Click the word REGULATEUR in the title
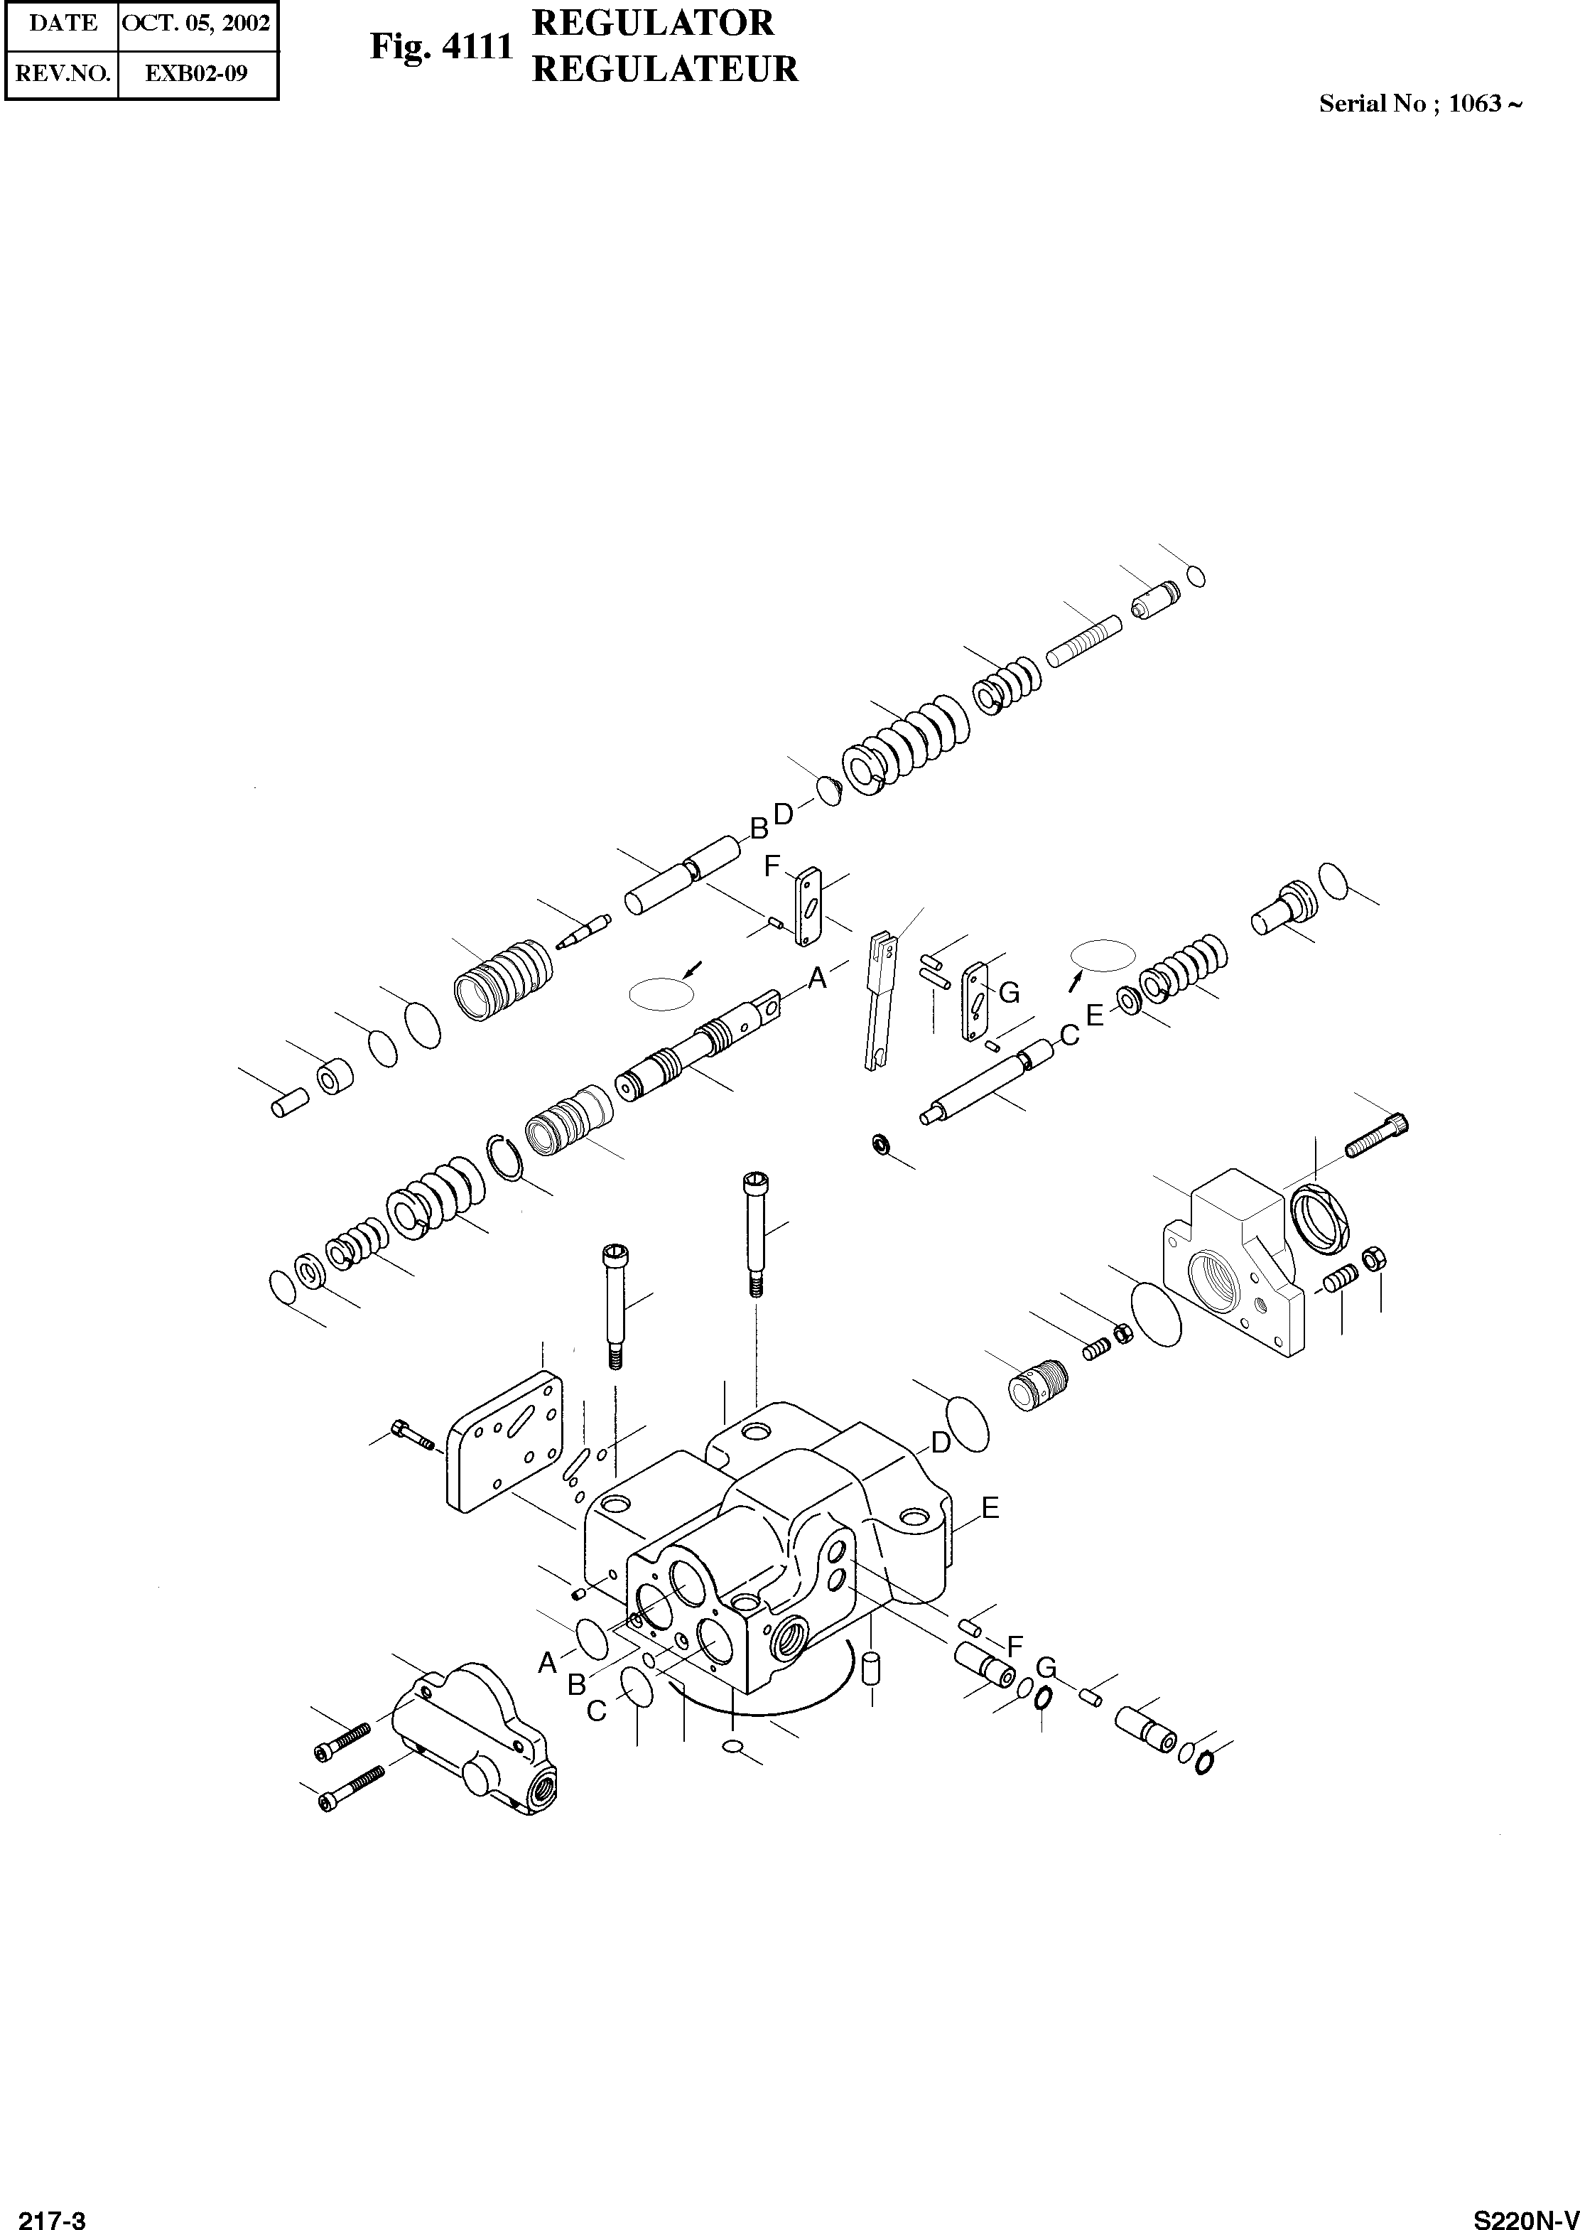pos(666,69)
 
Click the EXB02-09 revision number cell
pos(197,73)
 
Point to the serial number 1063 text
pos(1475,104)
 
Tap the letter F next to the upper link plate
pos(772,866)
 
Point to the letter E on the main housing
pos(990,1508)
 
